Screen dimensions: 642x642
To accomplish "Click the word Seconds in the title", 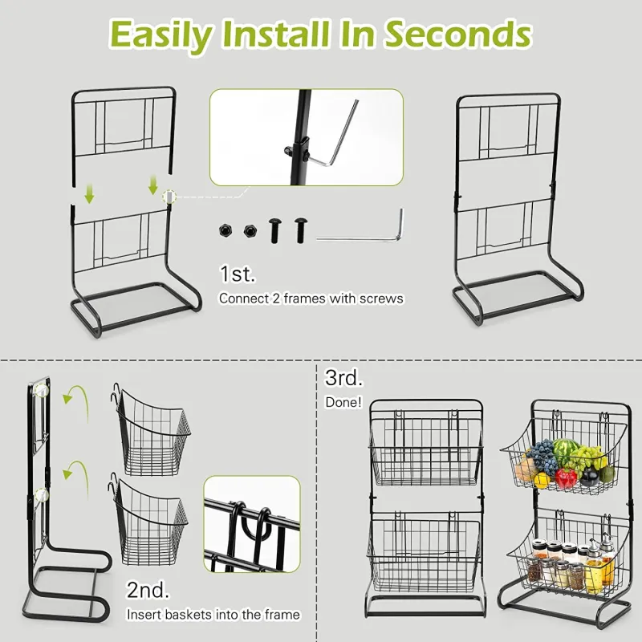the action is coord(458,35).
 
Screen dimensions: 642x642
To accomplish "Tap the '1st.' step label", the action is coord(238,274).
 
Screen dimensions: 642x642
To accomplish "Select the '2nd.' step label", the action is coord(148,590).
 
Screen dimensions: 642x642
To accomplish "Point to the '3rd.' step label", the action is coord(344,377).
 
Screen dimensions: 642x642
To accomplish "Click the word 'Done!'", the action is coord(344,402).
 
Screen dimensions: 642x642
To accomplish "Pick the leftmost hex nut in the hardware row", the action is coord(226,230).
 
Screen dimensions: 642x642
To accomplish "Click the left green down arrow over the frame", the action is coord(89,193).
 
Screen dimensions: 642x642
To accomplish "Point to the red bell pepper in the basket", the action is coord(566,478).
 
